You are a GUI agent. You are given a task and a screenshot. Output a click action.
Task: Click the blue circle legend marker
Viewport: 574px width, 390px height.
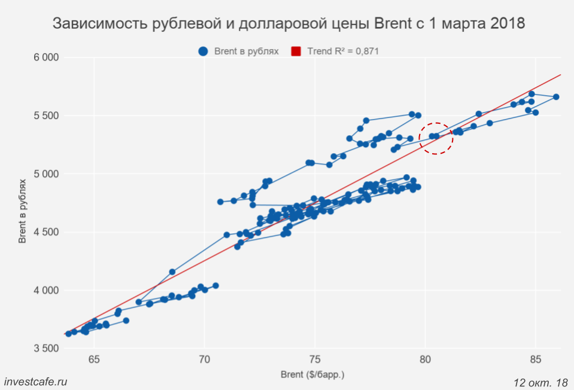coord(204,51)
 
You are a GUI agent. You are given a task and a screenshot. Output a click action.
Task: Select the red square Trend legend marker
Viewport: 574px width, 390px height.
coord(296,51)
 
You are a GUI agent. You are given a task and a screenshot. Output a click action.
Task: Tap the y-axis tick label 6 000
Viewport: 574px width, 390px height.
coord(46,57)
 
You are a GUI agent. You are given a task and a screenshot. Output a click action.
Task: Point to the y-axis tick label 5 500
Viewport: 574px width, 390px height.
coord(46,115)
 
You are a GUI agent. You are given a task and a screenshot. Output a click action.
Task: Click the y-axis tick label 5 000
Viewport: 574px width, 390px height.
coord(46,174)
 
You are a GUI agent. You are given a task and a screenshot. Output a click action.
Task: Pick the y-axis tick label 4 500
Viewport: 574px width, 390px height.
coord(46,232)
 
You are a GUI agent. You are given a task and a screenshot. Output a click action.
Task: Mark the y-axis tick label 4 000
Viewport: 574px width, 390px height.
coord(46,291)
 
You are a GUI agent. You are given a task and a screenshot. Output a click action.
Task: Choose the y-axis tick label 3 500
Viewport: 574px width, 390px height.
coord(46,349)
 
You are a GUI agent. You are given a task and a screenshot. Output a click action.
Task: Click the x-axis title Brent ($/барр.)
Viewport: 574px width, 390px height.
coord(312,375)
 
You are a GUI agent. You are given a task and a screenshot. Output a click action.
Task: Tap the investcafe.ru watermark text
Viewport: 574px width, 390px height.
coord(35,381)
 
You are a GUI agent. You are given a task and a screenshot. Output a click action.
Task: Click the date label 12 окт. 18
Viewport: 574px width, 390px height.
coord(540,381)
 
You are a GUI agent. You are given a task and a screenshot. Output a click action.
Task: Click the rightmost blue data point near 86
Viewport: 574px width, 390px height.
coord(556,97)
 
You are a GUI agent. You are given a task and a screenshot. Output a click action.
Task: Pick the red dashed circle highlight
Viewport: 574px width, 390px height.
coord(436,137)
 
